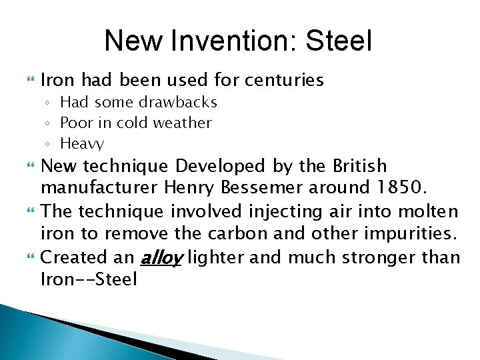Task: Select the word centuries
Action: [x=285, y=81]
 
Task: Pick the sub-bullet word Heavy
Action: [x=82, y=143]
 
